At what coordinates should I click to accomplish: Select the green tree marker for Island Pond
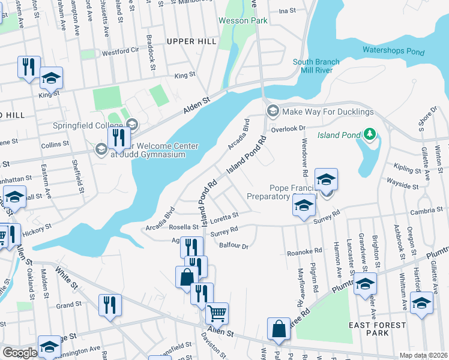(370, 133)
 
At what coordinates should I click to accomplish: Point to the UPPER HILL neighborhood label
(191, 41)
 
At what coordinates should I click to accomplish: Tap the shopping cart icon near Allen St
(217, 313)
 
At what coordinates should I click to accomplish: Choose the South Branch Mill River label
(316, 66)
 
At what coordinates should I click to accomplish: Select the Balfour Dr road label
(234, 245)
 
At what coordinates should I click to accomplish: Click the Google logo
(20, 353)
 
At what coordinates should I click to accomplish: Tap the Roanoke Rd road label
(304, 251)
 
